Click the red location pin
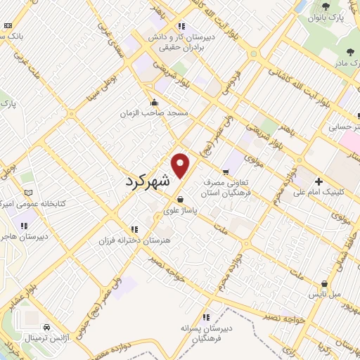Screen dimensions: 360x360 click(181, 165)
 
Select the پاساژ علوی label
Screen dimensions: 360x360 click(181, 208)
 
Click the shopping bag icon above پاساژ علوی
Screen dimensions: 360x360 click(181, 199)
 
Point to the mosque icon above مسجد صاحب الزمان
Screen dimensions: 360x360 click(154, 103)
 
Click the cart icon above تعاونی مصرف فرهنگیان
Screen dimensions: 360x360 click(226, 171)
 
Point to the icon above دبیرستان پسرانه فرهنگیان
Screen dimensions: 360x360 click(205, 317)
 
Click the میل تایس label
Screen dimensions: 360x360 click(326, 293)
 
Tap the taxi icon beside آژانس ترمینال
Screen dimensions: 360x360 click(46, 328)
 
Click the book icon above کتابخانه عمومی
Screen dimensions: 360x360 click(28, 192)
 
